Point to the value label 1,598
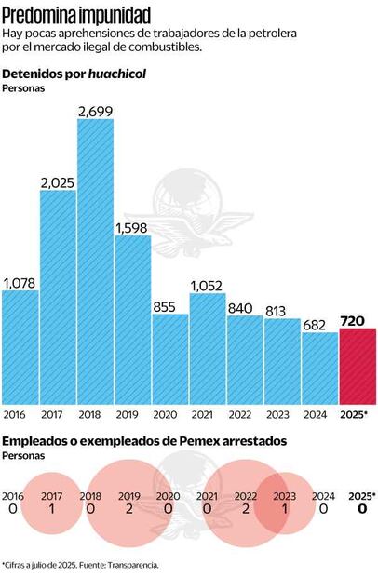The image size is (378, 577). [132, 227]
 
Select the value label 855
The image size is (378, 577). [169, 306]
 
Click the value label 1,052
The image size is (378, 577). [208, 286]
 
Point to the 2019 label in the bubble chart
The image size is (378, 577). [129, 497]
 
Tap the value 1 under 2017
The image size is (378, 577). [53, 510]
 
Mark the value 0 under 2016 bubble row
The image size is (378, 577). [14, 510]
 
